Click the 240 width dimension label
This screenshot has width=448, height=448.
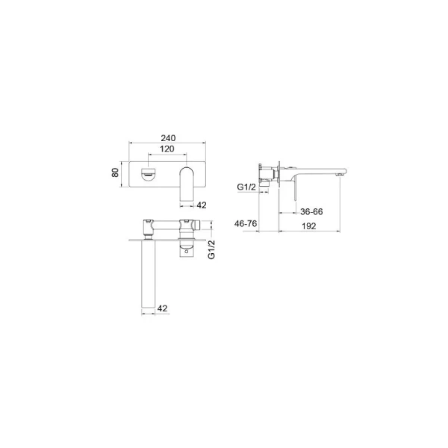pos(168,138)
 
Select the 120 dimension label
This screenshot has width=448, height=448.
pos(167,149)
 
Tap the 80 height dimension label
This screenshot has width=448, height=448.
pos(115,172)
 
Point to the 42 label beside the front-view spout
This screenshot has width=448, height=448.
pos(202,205)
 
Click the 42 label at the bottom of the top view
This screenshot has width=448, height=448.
pos(162,308)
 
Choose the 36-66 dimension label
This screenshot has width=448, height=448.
pos(311,212)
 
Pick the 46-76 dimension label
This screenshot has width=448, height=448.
pos(246,223)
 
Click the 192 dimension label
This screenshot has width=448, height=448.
pos(309,226)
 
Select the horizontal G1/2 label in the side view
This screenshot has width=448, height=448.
pos(246,187)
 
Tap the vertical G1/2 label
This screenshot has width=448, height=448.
pos(211,249)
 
